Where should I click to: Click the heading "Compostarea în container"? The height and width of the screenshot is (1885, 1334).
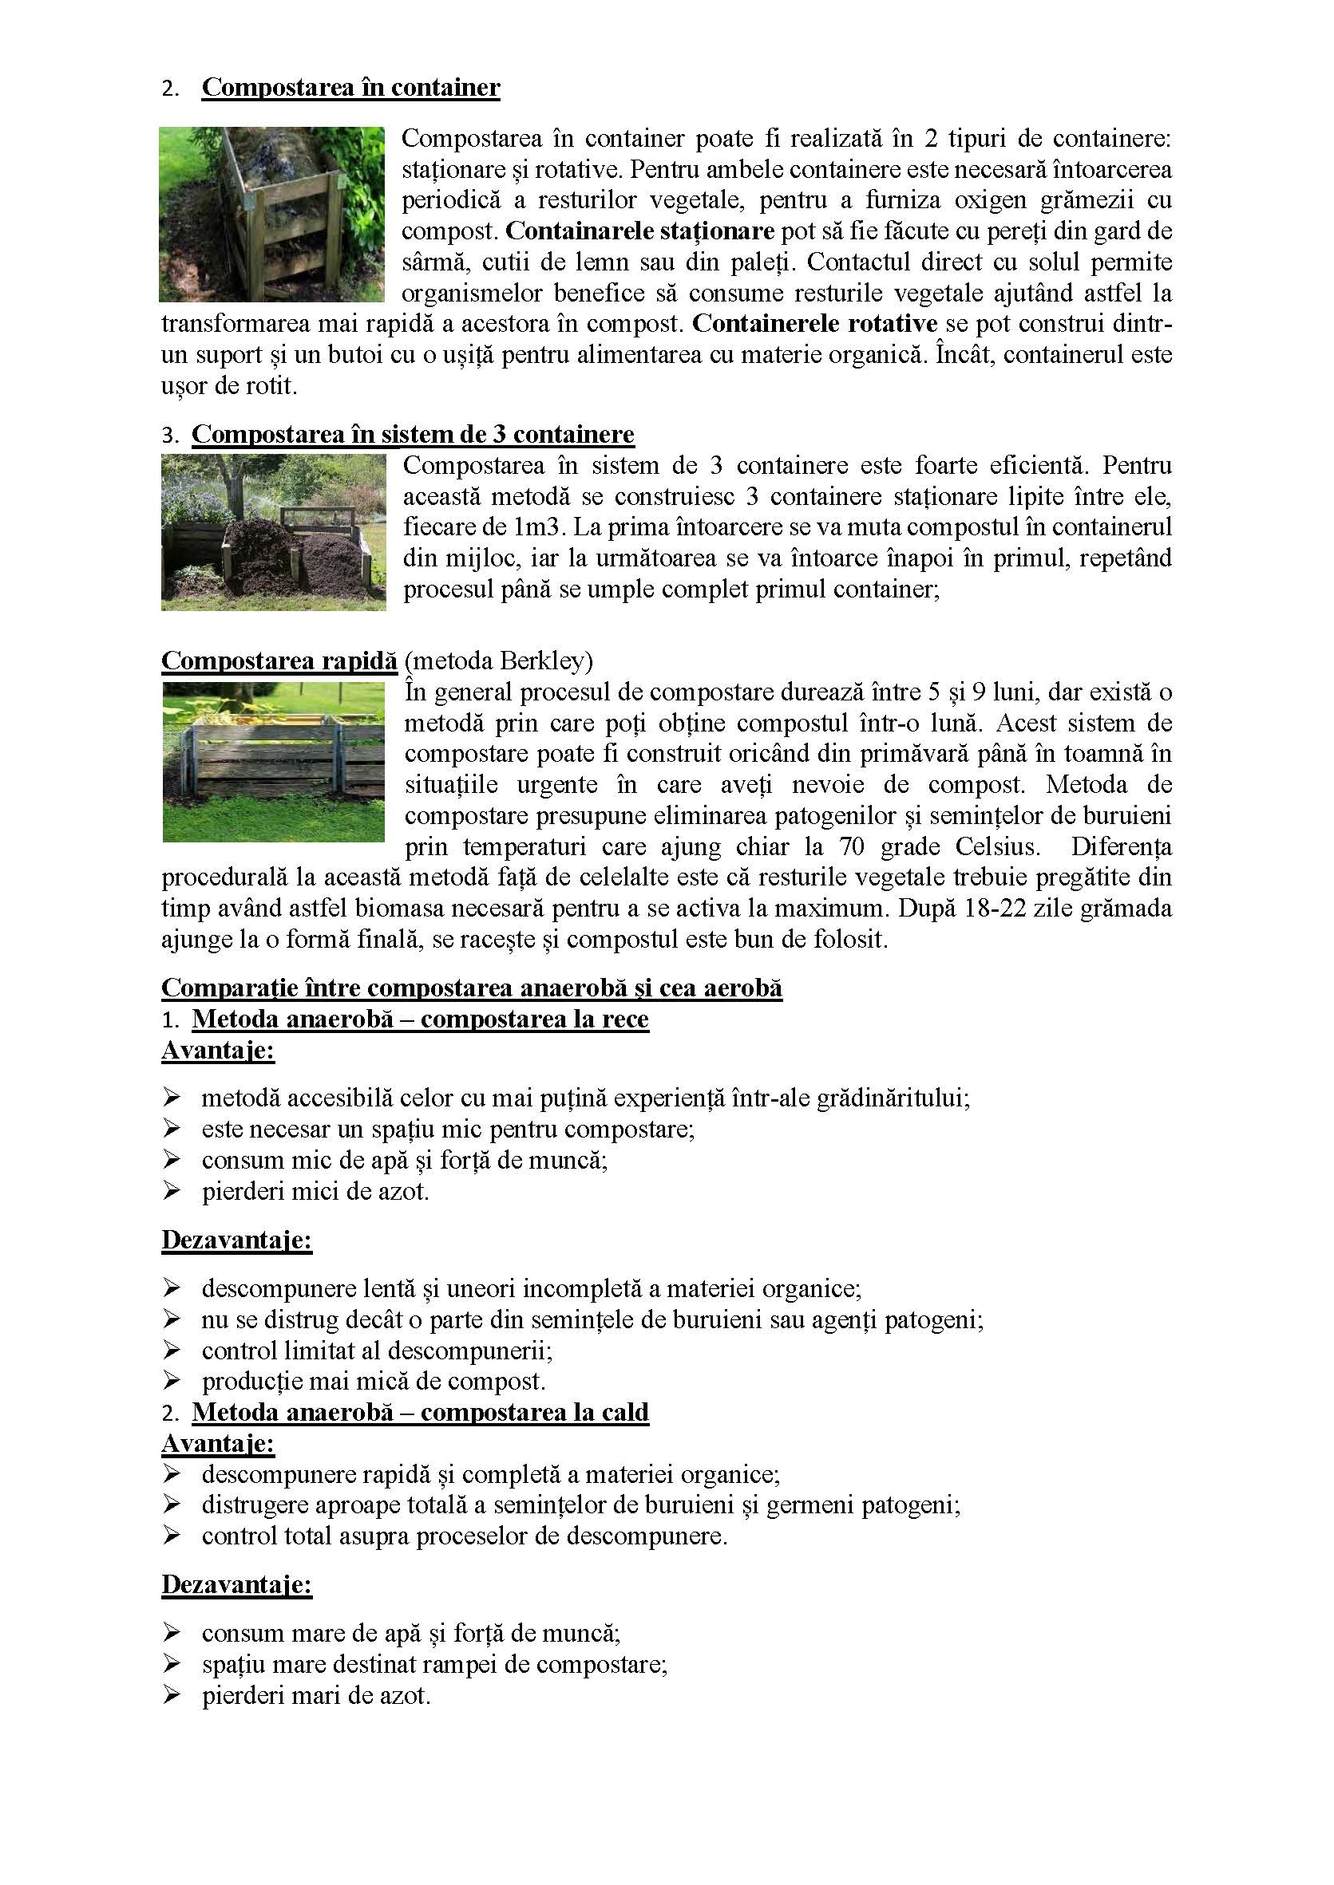(x=350, y=87)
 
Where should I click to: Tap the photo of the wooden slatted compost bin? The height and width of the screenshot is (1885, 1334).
(x=272, y=215)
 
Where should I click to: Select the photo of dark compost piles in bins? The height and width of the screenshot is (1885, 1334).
(x=274, y=532)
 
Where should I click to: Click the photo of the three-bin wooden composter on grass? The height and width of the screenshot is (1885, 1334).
(x=274, y=762)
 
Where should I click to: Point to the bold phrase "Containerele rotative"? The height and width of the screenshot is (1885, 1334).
(x=814, y=323)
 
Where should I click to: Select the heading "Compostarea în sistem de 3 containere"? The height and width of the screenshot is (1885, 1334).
(x=414, y=433)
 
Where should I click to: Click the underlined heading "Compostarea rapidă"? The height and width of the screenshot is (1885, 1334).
(x=279, y=660)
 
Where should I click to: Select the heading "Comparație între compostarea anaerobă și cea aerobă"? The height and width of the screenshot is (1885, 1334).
(x=472, y=987)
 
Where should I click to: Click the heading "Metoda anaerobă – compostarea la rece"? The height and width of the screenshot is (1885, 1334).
(x=420, y=1019)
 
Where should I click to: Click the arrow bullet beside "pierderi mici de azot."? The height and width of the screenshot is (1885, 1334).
(x=172, y=1190)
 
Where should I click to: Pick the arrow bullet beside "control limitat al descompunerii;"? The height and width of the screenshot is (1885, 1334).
(x=172, y=1350)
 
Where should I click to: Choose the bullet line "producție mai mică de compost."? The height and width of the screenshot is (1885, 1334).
(x=374, y=1381)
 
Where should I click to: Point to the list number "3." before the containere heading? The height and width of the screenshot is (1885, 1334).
(x=170, y=434)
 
